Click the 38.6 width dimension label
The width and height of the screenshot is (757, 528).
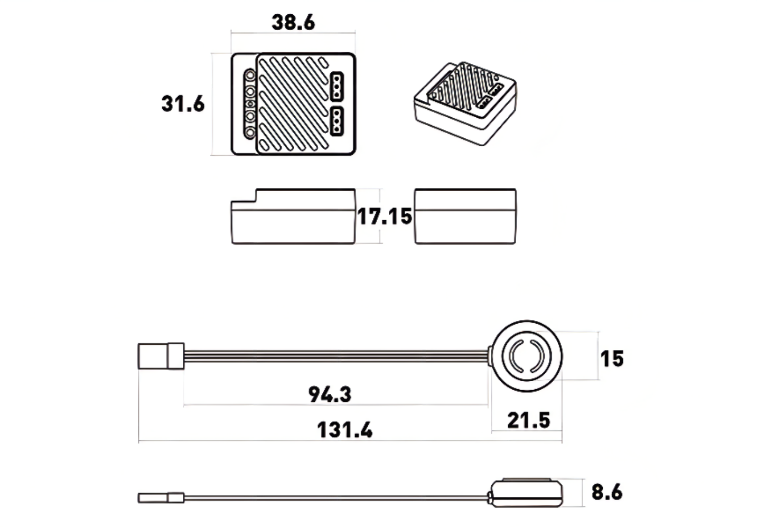click(x=293, y=22)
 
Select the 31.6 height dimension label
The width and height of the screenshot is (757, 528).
click(x=183, y=103)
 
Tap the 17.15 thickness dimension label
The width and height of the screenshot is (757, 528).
click(x=385, y=216)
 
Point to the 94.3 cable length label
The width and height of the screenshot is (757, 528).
click(x=330, y=394)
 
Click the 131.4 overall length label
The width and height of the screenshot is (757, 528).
click(x=345, y=430)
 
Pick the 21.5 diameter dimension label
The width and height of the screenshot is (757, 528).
click(x=529, y=421)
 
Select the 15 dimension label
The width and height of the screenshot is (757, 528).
click(x=612, y=359)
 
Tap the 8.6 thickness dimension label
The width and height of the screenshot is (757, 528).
click(x=607, y=492)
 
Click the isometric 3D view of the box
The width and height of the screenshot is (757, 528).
click(x=465, y=103)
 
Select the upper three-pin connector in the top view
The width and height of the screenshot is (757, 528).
click(x=337, y=87)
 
